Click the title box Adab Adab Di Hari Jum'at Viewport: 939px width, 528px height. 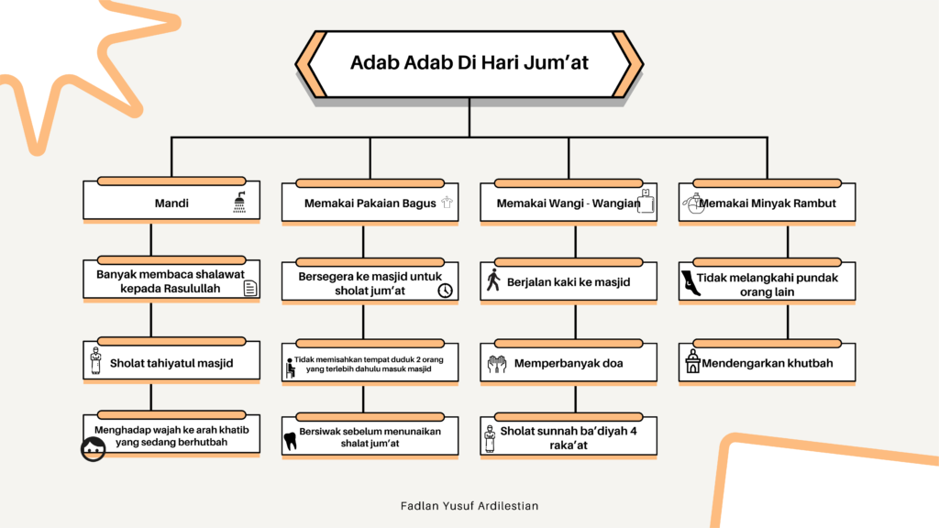click(469, 63)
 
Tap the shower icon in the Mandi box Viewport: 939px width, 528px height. click(239, 203)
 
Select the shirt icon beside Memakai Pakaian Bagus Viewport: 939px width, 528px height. click(447, 203)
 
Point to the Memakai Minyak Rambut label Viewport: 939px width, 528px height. click(768, 203)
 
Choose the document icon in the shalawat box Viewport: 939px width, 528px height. click(249, 290)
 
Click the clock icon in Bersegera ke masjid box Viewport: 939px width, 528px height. click(445, 291)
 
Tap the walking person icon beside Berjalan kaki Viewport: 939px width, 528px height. click(493, 280)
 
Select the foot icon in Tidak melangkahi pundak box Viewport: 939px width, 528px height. click(689, 284)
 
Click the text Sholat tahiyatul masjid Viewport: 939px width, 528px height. click(171, 363)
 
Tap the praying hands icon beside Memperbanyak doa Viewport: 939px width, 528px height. click(495, 364)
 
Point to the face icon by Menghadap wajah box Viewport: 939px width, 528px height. click(93, 448)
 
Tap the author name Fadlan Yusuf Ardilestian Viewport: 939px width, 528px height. click(469, 505)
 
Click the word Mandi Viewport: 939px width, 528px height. click(171, 203)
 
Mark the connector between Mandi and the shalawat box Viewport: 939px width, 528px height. click(150, 242)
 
